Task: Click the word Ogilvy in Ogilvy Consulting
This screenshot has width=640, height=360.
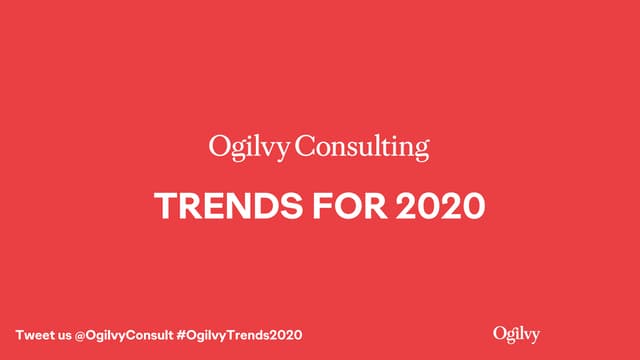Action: pyautogui.click(x=250, y=148)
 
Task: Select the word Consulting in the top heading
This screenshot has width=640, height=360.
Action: pyautogui.click(x=363, y=148)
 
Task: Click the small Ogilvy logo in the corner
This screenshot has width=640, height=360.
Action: pyautogui.click(x=517, y=333)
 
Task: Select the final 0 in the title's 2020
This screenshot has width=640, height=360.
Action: pyautogui.click(x=472, y=205)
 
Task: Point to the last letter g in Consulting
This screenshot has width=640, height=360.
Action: pyautogui.click(x=421, y=150)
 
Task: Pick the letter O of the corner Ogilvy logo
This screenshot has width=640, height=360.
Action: pyautogui.click(x=500, y=332)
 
